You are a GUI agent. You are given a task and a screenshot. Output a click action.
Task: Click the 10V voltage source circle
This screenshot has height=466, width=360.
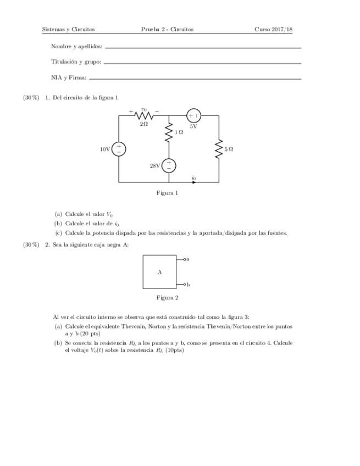click(119, 149)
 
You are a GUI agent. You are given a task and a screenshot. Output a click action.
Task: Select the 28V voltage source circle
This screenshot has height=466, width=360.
click(169, 165)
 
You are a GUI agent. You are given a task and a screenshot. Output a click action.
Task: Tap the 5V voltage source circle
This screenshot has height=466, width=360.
click(193, 116)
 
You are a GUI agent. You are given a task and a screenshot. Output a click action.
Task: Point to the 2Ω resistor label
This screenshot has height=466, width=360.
click(143, 125)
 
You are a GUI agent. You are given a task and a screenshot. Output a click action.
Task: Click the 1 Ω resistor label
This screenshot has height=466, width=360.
click(179, 132)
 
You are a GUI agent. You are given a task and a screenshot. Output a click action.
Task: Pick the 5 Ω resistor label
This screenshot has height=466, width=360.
click(229, 149)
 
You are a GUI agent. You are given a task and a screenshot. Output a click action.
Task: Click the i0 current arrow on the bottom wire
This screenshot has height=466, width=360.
click(193, 182)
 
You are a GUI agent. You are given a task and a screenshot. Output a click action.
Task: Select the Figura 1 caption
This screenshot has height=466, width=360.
click(167, 193)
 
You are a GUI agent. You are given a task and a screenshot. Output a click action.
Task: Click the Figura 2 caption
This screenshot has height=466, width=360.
click(167, 298)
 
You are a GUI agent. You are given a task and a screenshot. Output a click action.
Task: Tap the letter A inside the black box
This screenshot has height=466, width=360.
click(160, 272)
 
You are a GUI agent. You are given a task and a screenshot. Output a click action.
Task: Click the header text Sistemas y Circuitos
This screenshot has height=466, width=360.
click(69, 29)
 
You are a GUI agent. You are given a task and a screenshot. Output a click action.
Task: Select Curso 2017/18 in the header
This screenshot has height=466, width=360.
click(273, 29)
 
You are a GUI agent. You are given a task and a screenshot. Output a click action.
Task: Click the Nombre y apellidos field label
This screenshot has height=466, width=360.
click(76, 47)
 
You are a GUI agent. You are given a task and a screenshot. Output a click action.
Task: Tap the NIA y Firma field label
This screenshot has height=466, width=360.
click(69, 78)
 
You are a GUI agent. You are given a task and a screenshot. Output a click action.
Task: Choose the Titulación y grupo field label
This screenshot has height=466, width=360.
click(76, 62)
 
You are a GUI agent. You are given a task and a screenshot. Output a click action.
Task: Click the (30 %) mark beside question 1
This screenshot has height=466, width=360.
click(31, 98)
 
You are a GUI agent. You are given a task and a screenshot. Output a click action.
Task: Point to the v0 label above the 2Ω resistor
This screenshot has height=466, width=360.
click(144, 109)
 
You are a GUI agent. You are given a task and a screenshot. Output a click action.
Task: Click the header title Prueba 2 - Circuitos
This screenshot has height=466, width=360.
click(167, 29)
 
